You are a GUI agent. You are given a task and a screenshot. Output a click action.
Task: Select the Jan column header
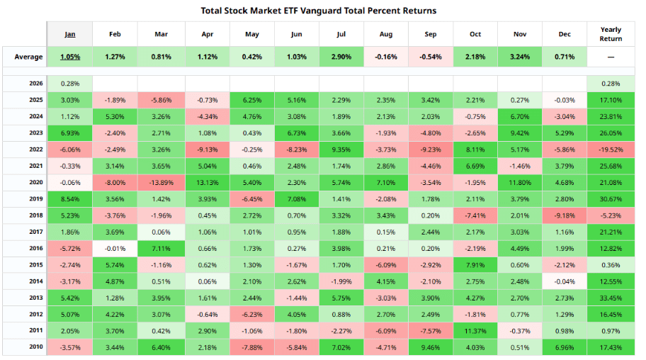[70, 33]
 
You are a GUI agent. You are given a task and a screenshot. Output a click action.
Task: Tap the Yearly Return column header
[611, 33]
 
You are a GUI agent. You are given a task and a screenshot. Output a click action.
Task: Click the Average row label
[24, 57]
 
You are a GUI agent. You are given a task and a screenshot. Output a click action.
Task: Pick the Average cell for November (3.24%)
[521, 57]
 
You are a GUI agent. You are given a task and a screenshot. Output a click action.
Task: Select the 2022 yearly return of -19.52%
[611, 150]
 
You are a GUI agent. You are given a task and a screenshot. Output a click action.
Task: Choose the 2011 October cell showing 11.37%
[476, 331]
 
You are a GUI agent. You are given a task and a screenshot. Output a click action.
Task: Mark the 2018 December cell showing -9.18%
[565, 215]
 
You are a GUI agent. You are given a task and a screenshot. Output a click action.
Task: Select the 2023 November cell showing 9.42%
[521, 133]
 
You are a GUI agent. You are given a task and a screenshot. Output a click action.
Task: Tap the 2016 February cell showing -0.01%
[115, 248]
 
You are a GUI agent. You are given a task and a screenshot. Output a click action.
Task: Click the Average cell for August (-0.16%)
[385, 57]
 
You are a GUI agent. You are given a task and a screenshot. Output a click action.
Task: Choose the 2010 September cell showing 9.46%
[431, 347]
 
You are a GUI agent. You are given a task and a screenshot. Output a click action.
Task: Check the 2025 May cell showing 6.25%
[251, 100]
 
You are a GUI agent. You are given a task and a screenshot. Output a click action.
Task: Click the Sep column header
[431, 33]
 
